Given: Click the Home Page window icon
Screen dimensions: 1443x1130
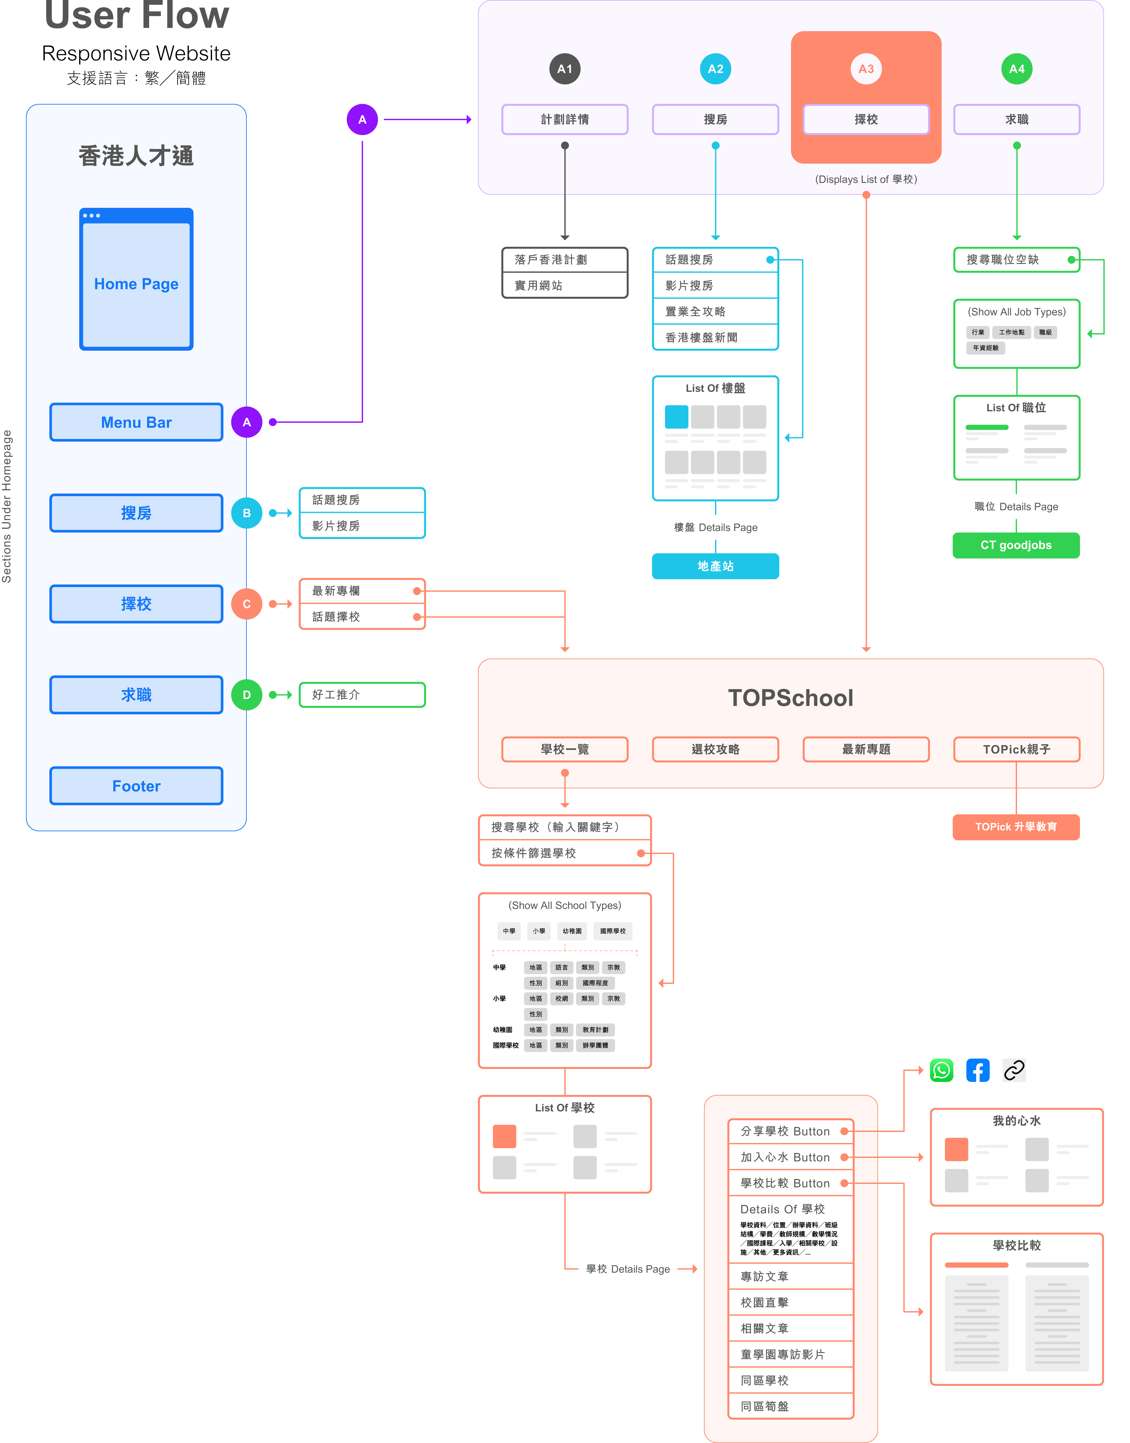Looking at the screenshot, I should pyautogui.click(x=136, y=279).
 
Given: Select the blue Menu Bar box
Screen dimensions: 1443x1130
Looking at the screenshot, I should pyautogui.click(x=136, y=422).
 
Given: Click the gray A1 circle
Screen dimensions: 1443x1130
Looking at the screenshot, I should pyautogui.click(x=564, y=69).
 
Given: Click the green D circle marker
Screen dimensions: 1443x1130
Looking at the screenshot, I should pyautogui.click(x=247, y=695).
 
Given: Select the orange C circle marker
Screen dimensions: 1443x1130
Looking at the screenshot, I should pyautogui.click(x=247, y=604).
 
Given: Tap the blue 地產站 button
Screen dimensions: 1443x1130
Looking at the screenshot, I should pyautogui.click(x=715, y=566).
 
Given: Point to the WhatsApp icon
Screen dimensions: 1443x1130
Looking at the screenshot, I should pyautogui.click(x=941, y=1070).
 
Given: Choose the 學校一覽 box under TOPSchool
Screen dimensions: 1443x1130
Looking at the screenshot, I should pyautogui.click(x=564, y=749).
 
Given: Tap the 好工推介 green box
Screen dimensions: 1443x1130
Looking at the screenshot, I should pyautogui.click(x=362, y=695).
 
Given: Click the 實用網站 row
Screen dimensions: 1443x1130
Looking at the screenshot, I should pyautogui.click(x=564, y=285).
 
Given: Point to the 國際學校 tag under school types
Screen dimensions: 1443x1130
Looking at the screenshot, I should pyautogui.click(x=613, y=931).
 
